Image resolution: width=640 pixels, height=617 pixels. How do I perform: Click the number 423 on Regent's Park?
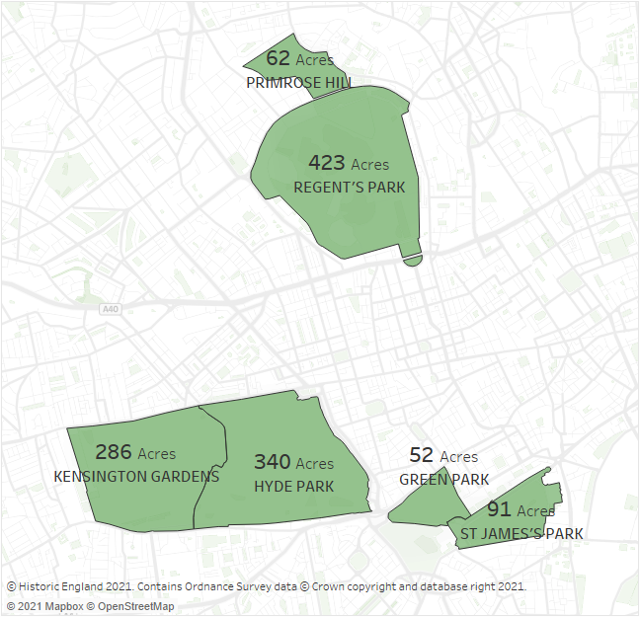click(326, 163)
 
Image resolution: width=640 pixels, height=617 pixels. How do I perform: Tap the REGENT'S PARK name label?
click(349, 187)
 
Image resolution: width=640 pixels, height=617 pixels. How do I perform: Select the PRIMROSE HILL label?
click(298, 83)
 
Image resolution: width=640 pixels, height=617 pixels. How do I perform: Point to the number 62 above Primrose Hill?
click(278, 59)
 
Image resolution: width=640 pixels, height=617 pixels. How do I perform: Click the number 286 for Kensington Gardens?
click(114, 452)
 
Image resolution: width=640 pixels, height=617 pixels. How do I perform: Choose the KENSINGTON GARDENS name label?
click(136, 477)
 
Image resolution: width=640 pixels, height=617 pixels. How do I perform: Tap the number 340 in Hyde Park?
click(273, 462)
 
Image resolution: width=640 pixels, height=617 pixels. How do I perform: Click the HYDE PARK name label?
click(293, 486)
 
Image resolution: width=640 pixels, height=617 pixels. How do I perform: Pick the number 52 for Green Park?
click(422, 455)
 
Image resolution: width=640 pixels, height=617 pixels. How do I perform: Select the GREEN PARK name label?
click(443, 480)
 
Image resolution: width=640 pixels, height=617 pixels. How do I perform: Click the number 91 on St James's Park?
click(499, 510)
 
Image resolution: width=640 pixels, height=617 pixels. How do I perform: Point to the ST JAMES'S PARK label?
click(520, 534)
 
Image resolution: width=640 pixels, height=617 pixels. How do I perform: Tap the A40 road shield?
click(110, 309)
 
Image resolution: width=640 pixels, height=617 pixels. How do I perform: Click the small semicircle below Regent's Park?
click(412, 260)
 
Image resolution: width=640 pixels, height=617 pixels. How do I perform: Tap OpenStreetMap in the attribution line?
click(135, 606)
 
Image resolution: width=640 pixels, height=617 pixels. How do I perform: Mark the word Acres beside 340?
click(315, 464)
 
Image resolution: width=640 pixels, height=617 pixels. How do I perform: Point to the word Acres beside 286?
click(157, 454)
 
